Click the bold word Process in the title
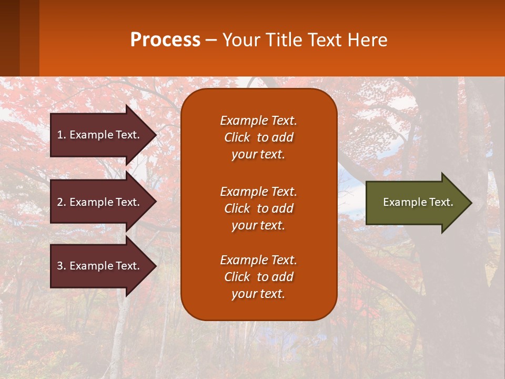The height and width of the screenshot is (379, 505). click(165, 40)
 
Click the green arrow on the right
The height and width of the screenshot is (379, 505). click(416, 203)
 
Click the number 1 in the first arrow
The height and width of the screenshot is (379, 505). click(60, 135)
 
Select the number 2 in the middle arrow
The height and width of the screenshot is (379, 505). click(60, 202)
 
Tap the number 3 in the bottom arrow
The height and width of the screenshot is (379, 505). click(60, 266)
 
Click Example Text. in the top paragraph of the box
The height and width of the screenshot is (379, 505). click(258, 121)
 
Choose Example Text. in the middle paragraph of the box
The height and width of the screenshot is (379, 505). click(258, 192)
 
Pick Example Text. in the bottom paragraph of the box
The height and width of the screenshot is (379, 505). click(258, 260)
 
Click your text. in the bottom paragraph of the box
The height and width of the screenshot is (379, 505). click(258, 294)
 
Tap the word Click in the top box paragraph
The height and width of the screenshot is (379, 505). click(237, 137)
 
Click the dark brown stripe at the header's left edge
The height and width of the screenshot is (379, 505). click(9, 38)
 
